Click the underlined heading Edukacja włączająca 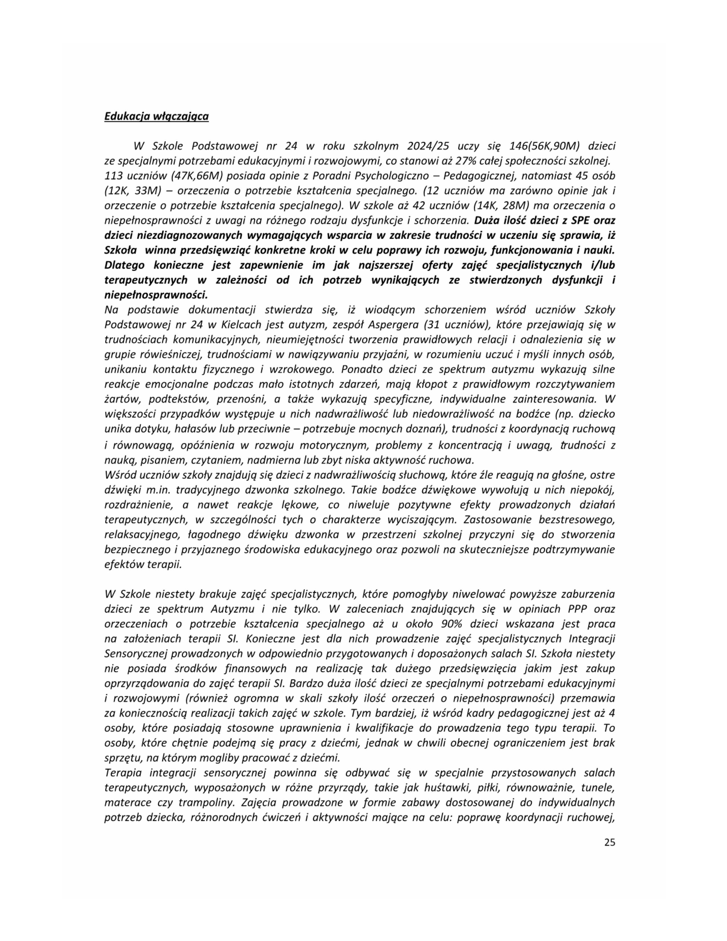[x=156, y=116]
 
